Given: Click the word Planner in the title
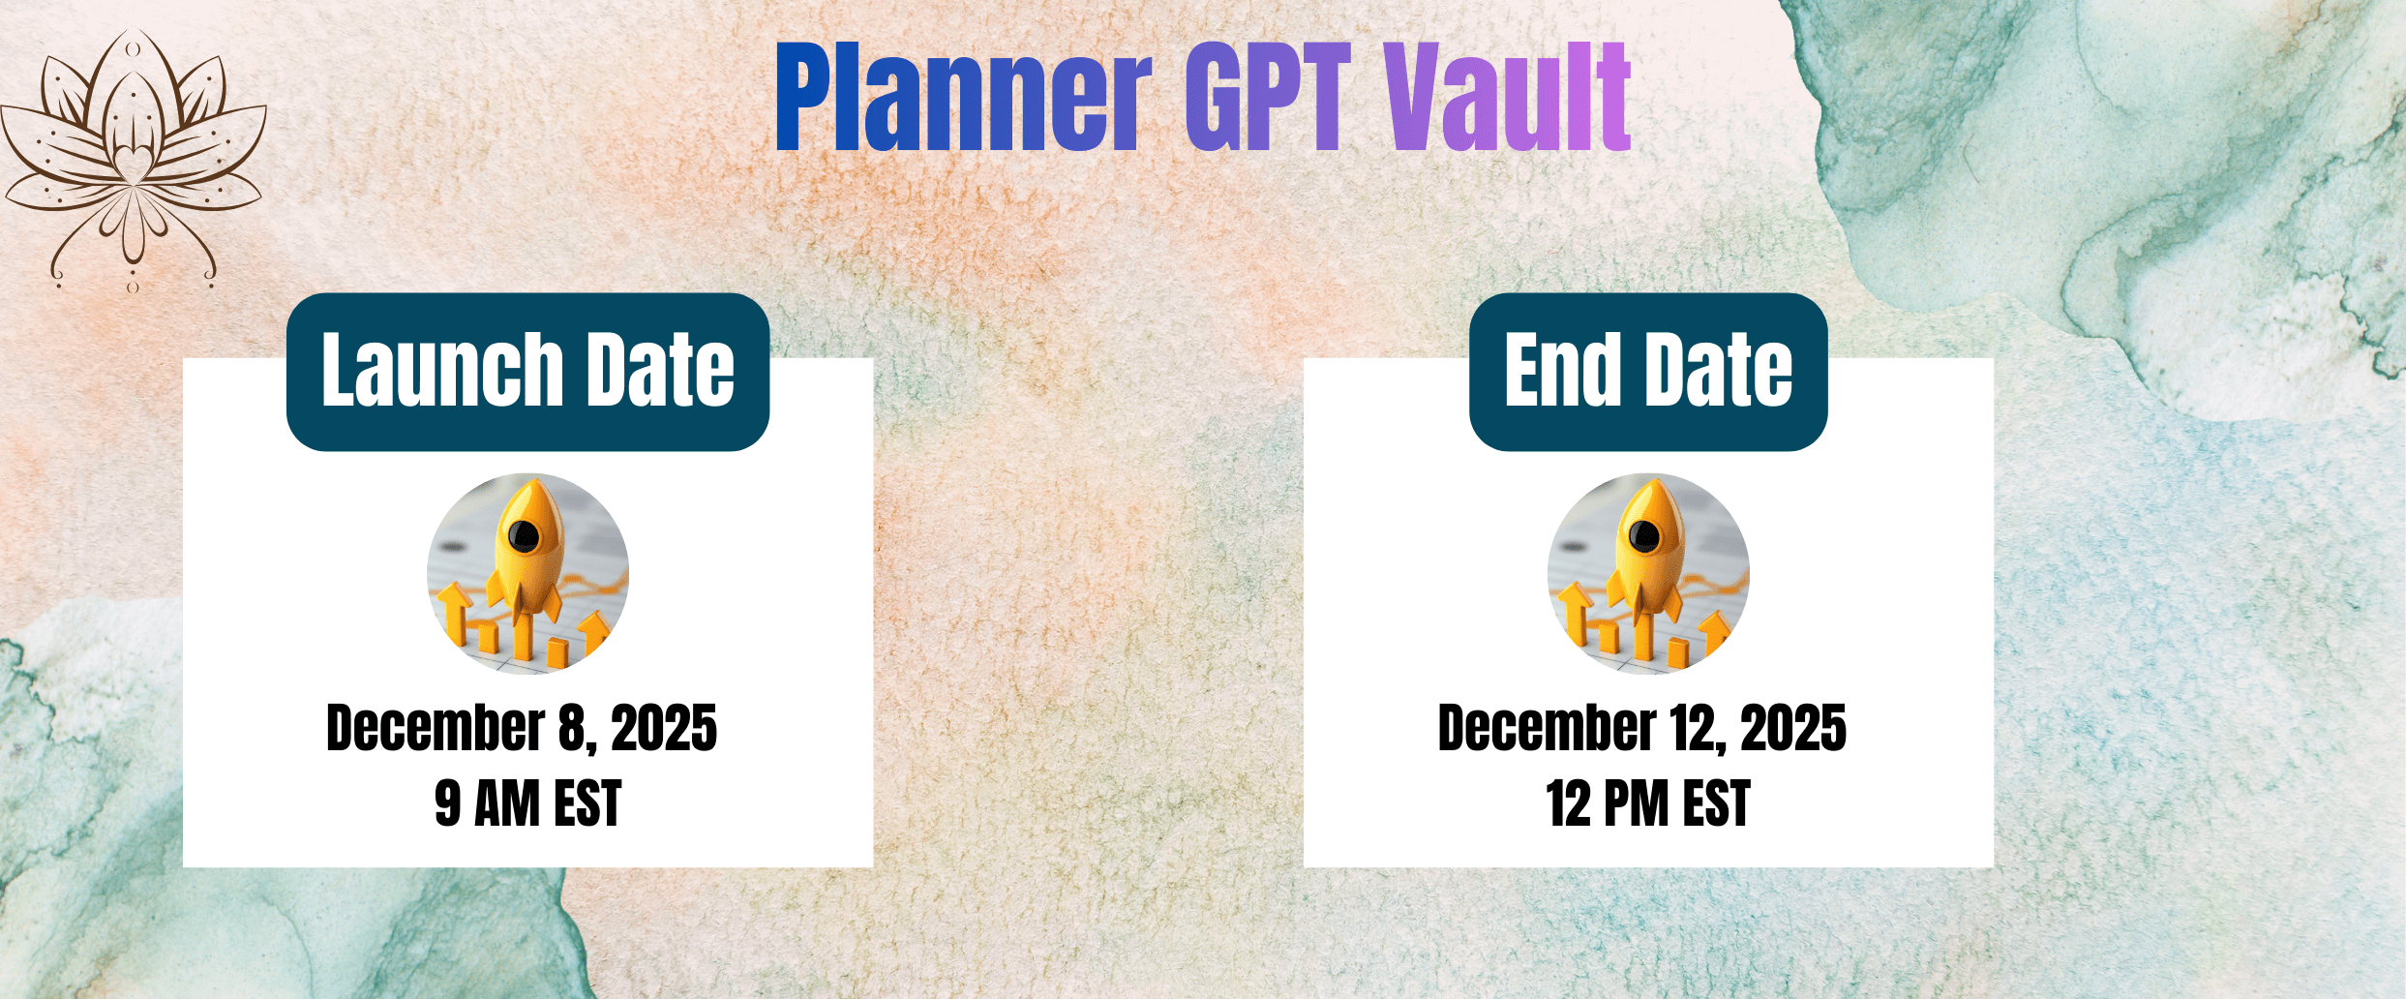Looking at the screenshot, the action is coord(964,97).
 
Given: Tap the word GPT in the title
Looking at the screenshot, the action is coord(1269,97).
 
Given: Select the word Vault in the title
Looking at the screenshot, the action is coord(1507,97).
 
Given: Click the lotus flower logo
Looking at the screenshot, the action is coord(133,160).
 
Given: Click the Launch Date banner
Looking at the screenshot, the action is coord(527,372).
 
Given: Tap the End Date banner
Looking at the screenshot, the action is coord(1648,372).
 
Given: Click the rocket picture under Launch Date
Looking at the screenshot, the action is coord(527,573).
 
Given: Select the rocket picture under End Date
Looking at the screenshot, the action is coord(1648,573).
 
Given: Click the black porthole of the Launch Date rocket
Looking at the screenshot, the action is coord(524,534).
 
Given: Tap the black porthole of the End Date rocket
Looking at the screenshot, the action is coord(1643,534).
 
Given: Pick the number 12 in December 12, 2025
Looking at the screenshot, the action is coord(1694,728).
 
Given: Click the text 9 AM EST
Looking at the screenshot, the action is coord(527,803).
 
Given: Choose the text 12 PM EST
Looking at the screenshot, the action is coord(1648,803).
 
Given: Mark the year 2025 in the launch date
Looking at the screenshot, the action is coord(665,728).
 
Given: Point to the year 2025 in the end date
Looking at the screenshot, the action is coord(1793,728).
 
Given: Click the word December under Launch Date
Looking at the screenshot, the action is coord(436,728).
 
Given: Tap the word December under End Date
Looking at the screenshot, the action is coord(1548,728).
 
